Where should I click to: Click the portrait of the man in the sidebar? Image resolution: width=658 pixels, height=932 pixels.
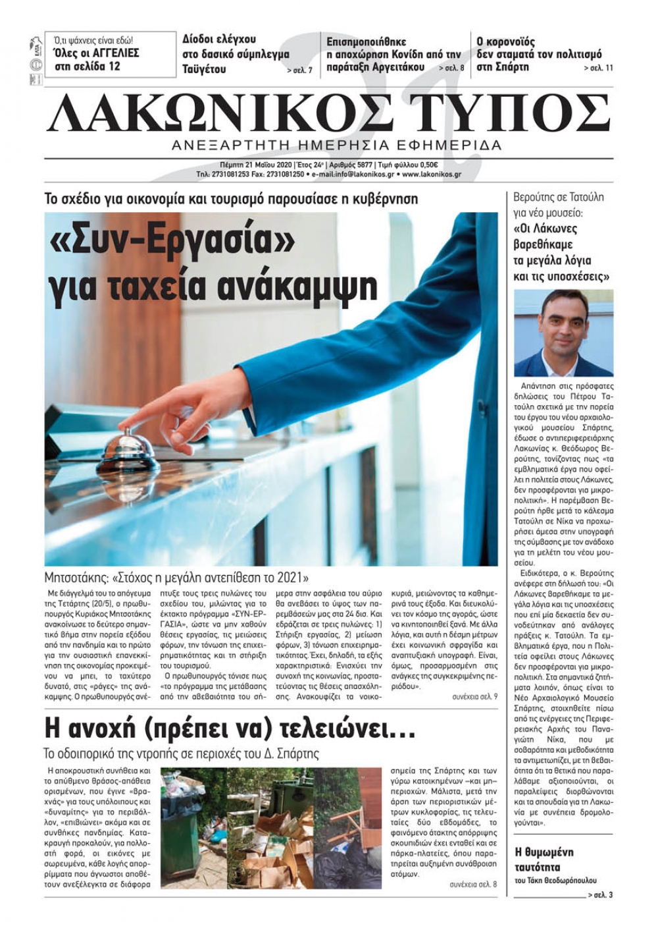click(563, 333)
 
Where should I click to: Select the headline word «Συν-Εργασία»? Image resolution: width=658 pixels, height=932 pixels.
click(172, 244)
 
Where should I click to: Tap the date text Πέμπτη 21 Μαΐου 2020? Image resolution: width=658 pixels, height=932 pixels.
click(253, 165)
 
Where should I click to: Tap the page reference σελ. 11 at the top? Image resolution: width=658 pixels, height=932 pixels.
click(599, 68)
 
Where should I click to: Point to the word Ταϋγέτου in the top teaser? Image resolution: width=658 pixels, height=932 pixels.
click(204, 69)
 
